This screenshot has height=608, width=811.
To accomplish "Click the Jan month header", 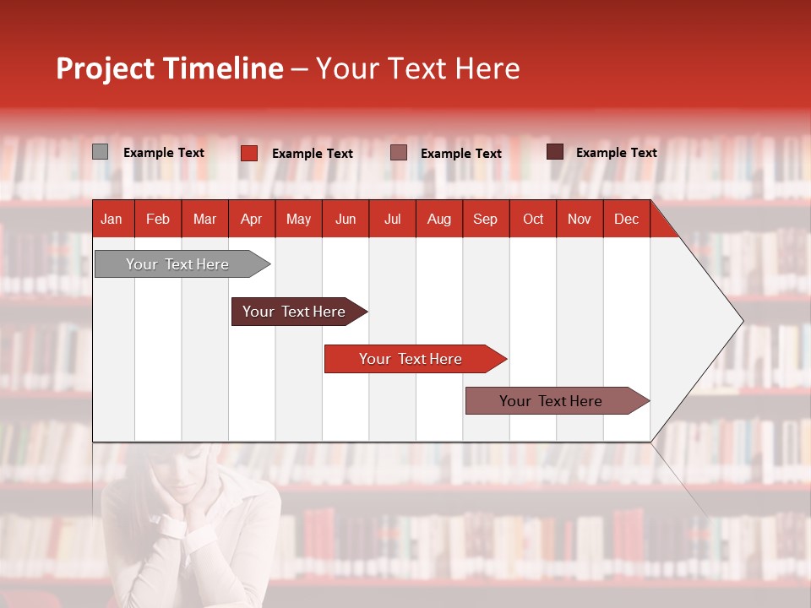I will (112, 220).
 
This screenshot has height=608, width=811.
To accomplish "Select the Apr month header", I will (251, 220).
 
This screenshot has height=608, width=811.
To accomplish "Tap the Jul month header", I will (392, 220).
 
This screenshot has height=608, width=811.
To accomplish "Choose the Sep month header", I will (485, 220).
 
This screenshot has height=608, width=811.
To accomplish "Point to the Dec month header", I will (626, 220).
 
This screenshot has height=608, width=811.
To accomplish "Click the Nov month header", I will (579, 220).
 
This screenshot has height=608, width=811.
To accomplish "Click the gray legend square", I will (100, 152).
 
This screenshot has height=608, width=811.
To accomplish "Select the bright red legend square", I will (249, 153).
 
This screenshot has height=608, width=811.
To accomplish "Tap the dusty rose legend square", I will (399, 153).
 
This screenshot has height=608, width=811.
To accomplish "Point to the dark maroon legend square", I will (555, 152).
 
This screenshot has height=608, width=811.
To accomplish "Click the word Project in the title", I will (106, 68).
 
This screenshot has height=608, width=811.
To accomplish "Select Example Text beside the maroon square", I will (616, 153).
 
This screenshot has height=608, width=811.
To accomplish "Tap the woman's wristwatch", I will (173, 527).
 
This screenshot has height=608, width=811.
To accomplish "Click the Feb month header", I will (158, 220).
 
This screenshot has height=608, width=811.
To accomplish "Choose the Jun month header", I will (346, 220).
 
